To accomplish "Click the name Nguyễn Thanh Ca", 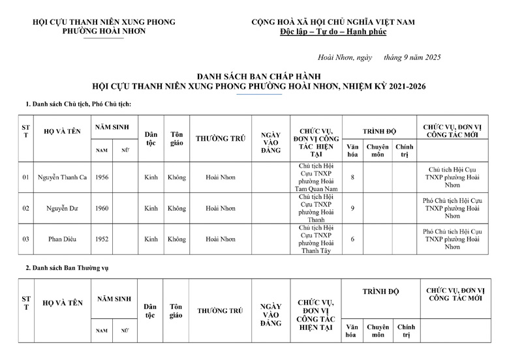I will (62, 177).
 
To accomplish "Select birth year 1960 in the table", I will (102, 209).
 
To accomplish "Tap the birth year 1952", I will (102, 239).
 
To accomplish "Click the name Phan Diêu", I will (62, 239).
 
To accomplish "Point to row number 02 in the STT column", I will (26, 209).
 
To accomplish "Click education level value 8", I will (352, 177).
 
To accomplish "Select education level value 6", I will (352, 239).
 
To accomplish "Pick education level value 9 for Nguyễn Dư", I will (352, 209).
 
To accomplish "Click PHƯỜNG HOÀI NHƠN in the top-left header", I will (104, 31).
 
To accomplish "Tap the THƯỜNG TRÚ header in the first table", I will (220, 138).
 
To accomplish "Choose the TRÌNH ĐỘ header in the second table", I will (380, 292).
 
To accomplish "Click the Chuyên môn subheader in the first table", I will (378, 151).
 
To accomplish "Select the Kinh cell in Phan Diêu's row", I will (151, 239).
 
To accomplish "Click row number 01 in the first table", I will (26, 177).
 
